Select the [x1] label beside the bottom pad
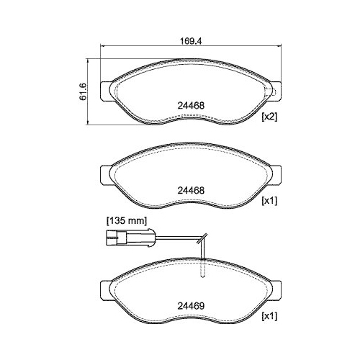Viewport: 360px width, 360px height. pos(269,316)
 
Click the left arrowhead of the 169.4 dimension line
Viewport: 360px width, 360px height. pos(100,48)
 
